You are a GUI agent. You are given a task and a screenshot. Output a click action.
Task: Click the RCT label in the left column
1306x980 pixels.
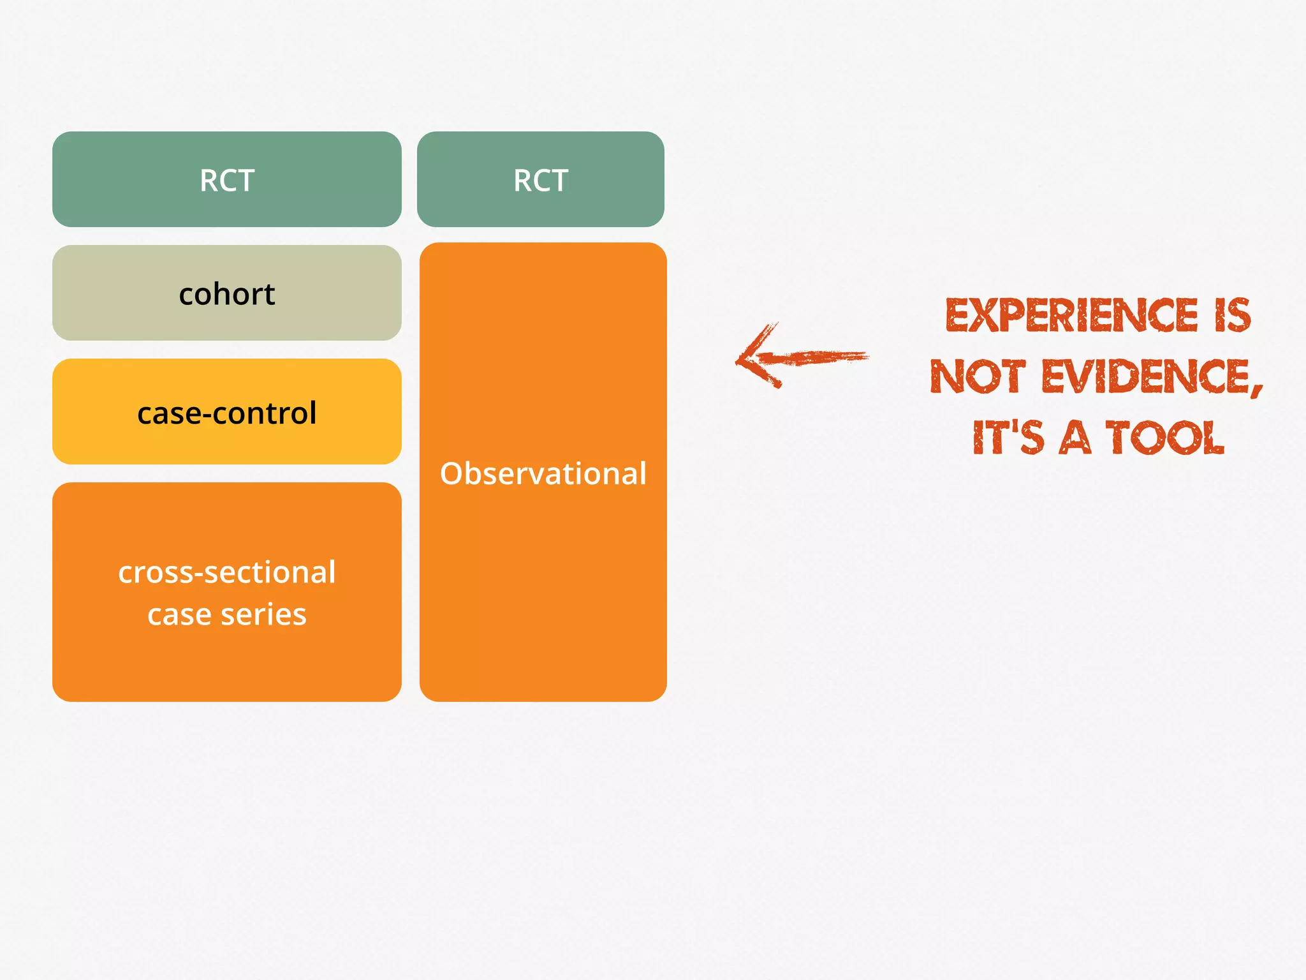point(227,181)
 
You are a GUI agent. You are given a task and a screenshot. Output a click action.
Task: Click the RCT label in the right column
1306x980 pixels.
point(541,181)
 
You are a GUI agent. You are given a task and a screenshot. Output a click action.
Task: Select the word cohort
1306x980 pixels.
point(227,294)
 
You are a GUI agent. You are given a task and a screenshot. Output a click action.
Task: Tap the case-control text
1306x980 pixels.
point(227,413)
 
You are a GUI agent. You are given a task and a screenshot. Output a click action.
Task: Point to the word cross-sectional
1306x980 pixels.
point(227,572)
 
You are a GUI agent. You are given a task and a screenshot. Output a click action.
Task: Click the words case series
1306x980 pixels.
point(227,614)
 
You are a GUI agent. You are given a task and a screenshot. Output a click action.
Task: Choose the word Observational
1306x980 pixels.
point(543,473)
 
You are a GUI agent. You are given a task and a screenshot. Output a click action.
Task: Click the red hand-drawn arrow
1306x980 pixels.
point(803,357)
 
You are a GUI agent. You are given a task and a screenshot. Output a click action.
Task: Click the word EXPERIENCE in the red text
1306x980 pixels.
point(1071,315)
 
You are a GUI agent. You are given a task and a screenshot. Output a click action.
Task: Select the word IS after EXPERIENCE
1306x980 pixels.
point(1233,315)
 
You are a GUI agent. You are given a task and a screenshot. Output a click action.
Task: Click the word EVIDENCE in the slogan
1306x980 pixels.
point(1148,376)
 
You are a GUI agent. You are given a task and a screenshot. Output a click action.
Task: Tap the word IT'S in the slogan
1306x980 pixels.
point(1008,438)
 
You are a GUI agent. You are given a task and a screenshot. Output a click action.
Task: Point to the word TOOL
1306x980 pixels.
point(1164,438)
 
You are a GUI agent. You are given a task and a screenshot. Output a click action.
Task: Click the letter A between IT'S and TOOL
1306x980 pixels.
point(1075,438)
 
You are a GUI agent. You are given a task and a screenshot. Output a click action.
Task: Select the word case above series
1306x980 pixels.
point(179,614)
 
